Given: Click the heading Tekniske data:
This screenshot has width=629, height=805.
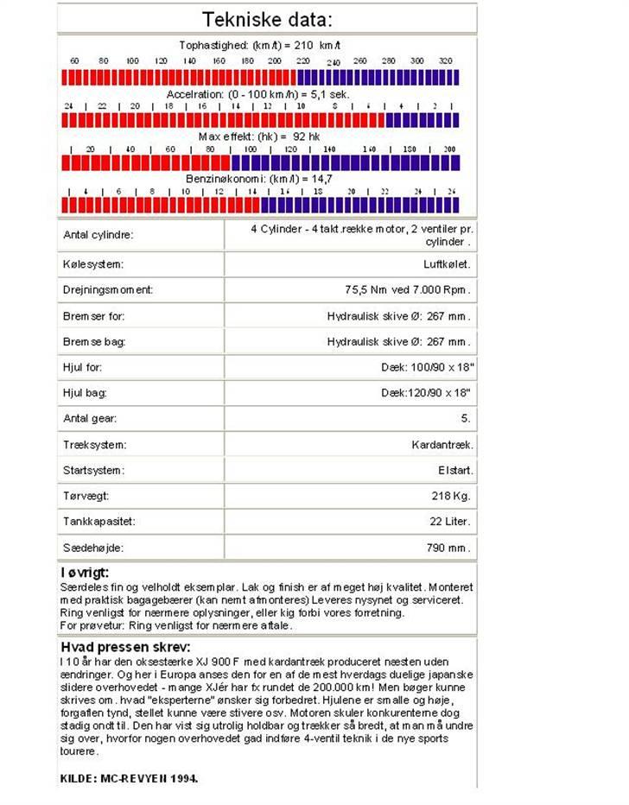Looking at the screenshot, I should [x=266, y=20].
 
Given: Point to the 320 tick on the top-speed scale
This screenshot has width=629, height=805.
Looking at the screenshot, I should [x=445, y=61].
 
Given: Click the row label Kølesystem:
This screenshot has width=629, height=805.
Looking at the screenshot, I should [x=93, y=263].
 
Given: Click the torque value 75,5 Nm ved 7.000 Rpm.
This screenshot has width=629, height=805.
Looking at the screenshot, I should [x=408, y=289].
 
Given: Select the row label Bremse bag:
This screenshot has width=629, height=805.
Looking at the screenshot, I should [x=94, y=341].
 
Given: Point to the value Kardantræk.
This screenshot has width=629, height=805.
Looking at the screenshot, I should [x=442, y=445].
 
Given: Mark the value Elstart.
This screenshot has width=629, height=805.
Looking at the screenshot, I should [x=455, y=471].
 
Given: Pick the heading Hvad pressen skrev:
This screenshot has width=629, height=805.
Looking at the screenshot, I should [x=125, y=647].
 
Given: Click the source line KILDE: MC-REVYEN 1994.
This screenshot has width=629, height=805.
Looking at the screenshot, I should [x=129, y=777].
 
